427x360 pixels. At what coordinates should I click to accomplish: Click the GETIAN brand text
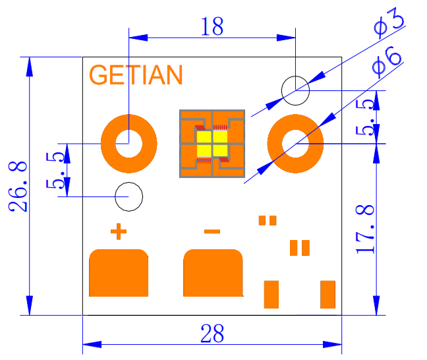pyautogui.click(x=136, y=75)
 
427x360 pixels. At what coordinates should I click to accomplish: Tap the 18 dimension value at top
pyautogui.click(x=211, y=26)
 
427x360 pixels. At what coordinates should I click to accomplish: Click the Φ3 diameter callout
pyautogui.click(x=388, y=22)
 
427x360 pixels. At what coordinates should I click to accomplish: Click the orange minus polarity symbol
pyautogui.click(x=212, y=231)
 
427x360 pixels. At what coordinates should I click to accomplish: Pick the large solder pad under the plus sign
pyautogui.click(x=118, y=272)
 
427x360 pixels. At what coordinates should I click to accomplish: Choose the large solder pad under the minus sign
pyautogui.click(x=213, y=272)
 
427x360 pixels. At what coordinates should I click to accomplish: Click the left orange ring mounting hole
pyautogui.click(x=128, y=142)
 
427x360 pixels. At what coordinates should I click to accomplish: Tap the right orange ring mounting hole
pyautogui.click(x=295, y=142)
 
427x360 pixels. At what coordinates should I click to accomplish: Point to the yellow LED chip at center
pyautogui.click(x=212, y=144)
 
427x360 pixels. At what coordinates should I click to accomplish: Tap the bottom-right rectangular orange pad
pyautogui.click(x=327, y=294)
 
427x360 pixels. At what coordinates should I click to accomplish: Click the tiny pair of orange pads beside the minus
pyautogui.click(x=268, y=220)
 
